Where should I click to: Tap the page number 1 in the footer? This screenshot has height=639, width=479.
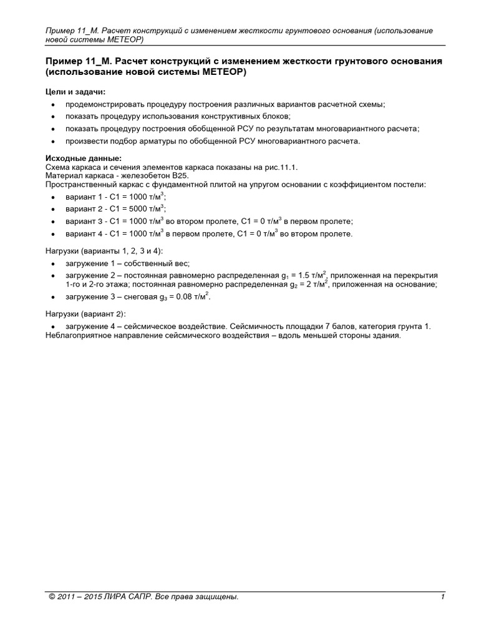tap(442, 597)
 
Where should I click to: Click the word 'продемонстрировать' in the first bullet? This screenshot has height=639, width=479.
tap(102, 105)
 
